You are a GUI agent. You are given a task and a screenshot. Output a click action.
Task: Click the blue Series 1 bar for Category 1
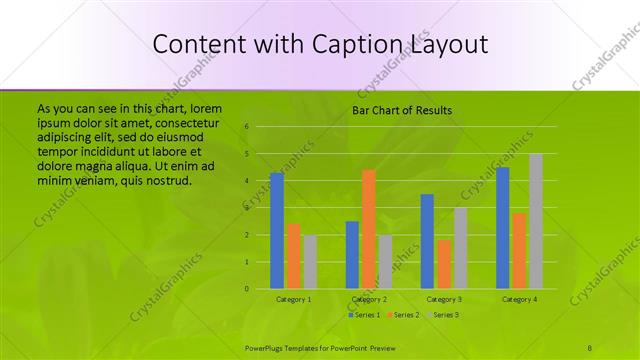click(277, 230)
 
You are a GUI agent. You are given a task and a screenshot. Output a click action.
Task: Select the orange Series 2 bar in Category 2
click(369, 229)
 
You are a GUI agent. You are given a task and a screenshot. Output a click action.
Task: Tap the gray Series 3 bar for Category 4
click(536, 221)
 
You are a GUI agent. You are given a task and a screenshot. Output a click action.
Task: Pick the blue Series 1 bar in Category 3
click(427, 241)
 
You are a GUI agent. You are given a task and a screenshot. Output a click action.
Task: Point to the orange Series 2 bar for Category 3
click(444, 264)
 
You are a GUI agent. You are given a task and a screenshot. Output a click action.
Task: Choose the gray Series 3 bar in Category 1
click(310, 262)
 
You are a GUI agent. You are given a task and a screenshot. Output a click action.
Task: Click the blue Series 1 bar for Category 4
click(502, 228)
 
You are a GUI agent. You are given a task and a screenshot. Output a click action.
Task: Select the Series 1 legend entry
click(363, 315)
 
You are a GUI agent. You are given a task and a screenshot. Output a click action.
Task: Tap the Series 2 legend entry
click(403, 315)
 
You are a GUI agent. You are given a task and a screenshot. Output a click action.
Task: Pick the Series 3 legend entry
click(442, 315)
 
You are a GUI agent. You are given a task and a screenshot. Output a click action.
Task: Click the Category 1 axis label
click(293, 299)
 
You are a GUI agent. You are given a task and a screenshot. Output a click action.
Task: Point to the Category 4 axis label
click(519, 299)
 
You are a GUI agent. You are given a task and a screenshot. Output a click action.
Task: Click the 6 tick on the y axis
click(246, 127)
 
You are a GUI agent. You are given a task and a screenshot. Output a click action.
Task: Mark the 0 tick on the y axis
click(246, 289)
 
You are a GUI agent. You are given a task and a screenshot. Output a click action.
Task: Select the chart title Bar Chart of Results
click(401, 110)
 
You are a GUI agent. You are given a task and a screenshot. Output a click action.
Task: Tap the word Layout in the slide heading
click(447, 45)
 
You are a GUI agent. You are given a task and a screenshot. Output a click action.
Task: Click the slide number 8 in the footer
click(590, 347)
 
